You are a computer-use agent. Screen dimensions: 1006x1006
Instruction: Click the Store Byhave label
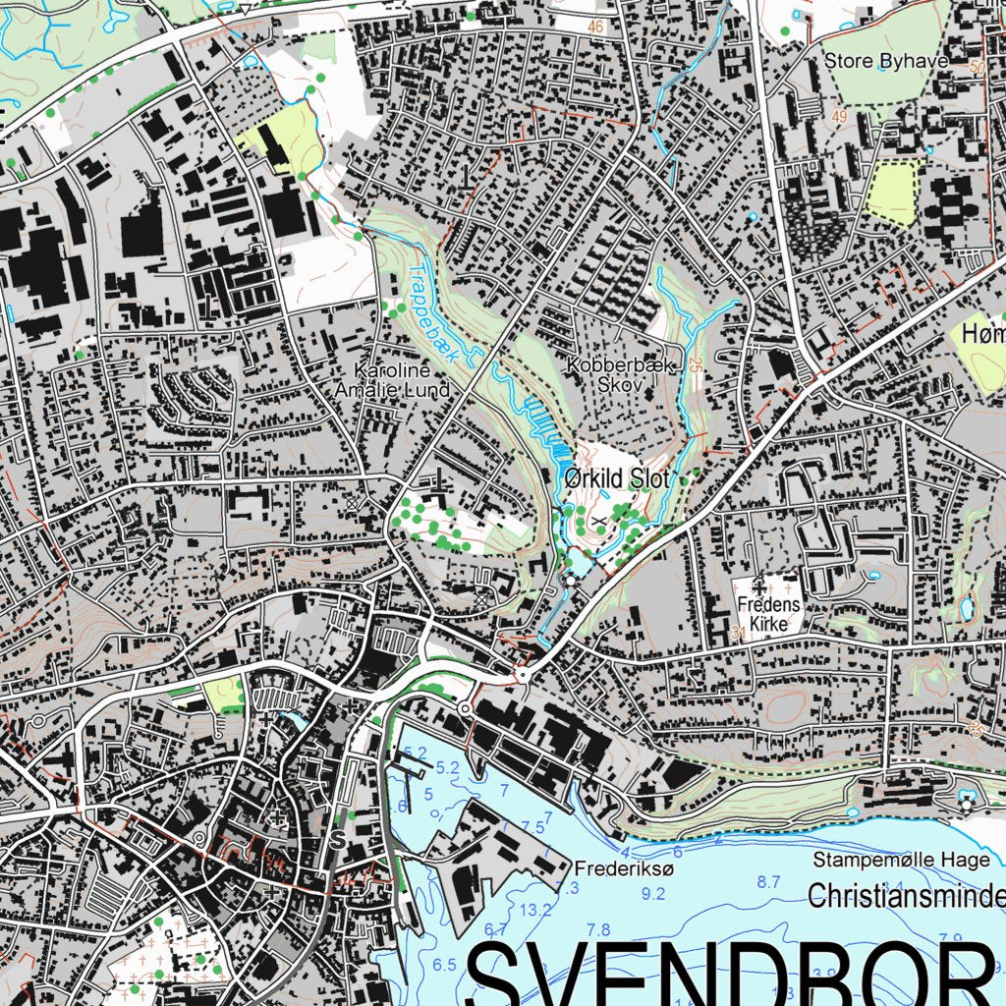(x=885, y=61)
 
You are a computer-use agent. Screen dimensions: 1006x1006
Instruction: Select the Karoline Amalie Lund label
(x=403, y=381)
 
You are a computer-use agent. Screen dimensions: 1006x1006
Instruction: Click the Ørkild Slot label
(x=616, y=479)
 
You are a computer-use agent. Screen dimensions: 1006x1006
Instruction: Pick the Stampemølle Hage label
(x=901, y=861)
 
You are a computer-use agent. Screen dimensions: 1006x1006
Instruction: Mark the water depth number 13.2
(x=536, y=910)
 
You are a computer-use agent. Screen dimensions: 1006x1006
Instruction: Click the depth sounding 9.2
(x=652, y=894)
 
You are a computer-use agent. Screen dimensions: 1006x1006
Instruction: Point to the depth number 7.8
(x=597, y=929)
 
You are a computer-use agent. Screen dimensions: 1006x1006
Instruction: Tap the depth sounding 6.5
(x=445, y=965)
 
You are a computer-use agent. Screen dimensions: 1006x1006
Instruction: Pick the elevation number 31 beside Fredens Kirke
(x=737, y=635)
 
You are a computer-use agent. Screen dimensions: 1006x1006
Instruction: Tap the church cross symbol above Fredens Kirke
(x=759, y=587)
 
